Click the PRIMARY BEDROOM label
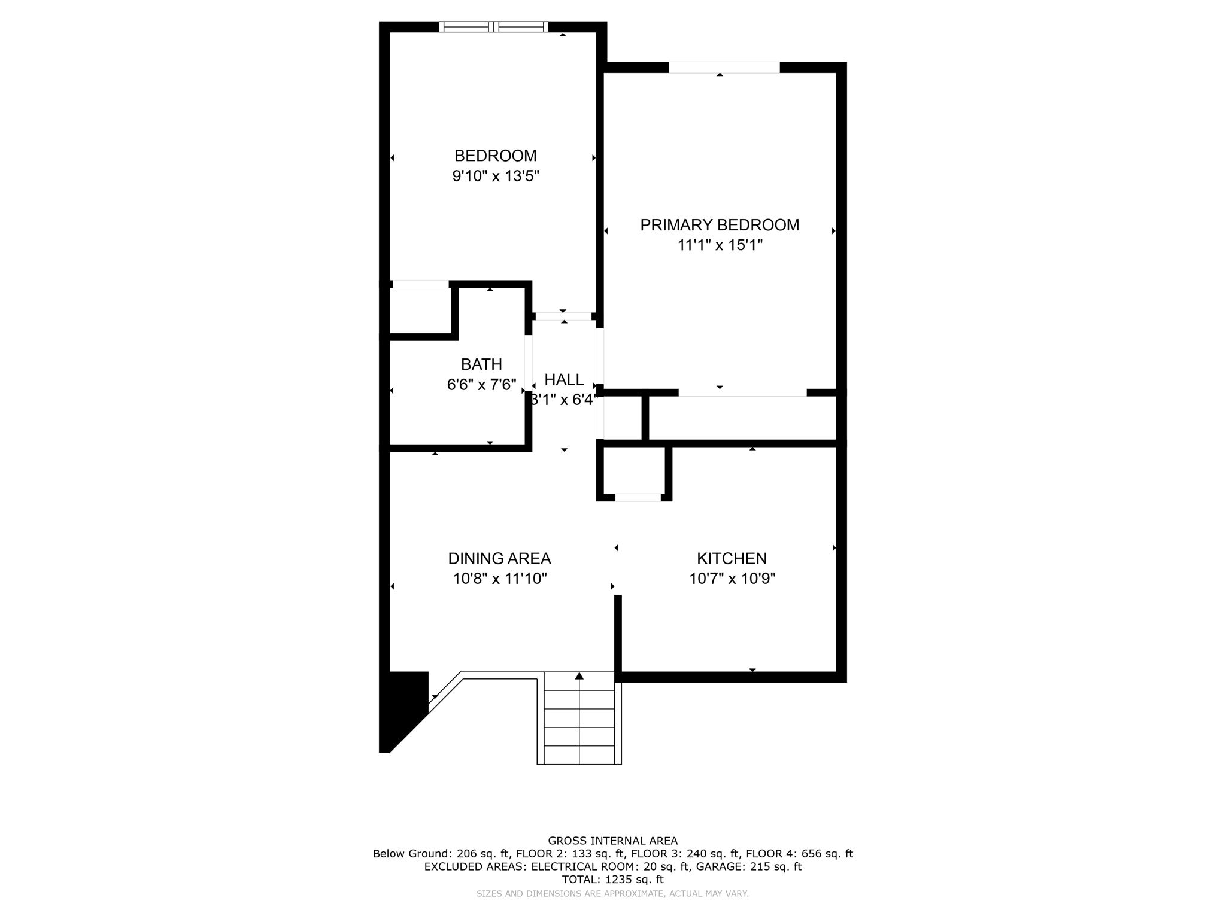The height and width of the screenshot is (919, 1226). point(720,225)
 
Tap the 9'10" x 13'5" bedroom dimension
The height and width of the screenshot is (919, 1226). point(496,177)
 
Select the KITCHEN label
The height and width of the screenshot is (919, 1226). point(732,558)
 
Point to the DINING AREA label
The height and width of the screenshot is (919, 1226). point(499,558)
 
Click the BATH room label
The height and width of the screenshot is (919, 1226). point(481,364)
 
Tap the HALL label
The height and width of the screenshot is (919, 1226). point(564,379)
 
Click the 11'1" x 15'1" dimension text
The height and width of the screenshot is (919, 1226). point(720,245)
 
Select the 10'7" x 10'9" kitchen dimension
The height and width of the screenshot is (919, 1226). point(732,579)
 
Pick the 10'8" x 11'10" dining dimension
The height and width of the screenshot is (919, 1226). point(499,579)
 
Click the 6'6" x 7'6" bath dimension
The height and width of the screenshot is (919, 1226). point(481,385)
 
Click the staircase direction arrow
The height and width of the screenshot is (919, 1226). point(579,676)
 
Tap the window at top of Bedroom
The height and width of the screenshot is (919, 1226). point(493,26)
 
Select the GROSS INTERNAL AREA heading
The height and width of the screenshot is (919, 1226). point(612,841)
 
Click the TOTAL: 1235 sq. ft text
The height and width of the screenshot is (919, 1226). point(612,880)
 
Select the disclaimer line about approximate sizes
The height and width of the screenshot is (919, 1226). point(612,894)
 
